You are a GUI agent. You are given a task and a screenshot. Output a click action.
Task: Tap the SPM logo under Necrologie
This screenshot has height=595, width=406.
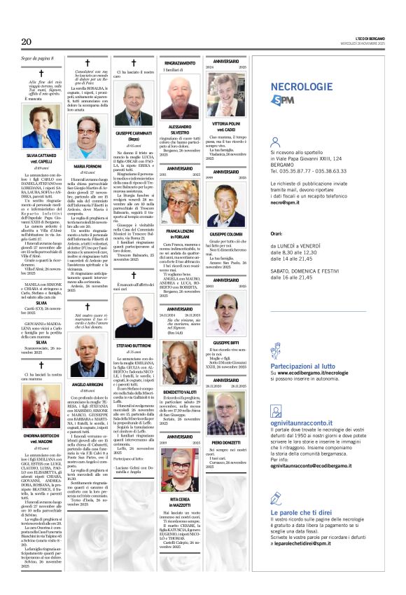(x=282, y=100)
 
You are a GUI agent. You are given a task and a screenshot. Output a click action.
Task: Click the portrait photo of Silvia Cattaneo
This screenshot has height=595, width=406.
(x=41, y=125)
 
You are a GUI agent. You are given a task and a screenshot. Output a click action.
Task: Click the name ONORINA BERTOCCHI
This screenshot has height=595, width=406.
(x=41, y=435)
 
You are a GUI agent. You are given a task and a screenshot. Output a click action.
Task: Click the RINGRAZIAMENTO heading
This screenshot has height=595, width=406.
(x=180, y=63)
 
